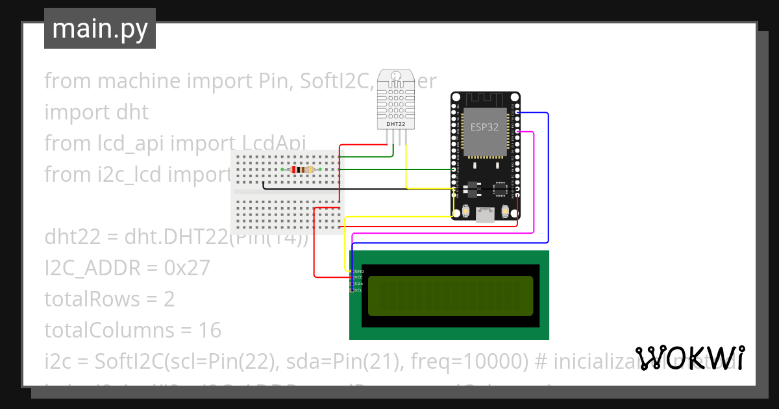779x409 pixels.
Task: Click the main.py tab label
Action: [100, 29]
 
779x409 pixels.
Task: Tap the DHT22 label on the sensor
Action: [396, 123]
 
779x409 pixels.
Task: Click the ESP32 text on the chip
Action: [484, 127]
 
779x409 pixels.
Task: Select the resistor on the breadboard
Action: [302, 170]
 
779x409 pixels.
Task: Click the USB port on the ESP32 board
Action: [485, 215]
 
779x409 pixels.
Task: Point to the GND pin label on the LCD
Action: [358, 271]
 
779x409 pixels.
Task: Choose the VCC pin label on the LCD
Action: [358, 277]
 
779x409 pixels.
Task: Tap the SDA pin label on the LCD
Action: [358, 284]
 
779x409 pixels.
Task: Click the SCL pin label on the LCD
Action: [358, 290]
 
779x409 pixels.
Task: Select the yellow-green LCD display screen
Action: [451, 296]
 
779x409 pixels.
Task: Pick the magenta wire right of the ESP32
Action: [534, 182]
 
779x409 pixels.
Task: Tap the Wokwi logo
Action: [689, 358]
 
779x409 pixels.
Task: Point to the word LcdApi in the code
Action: [273, 143]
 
